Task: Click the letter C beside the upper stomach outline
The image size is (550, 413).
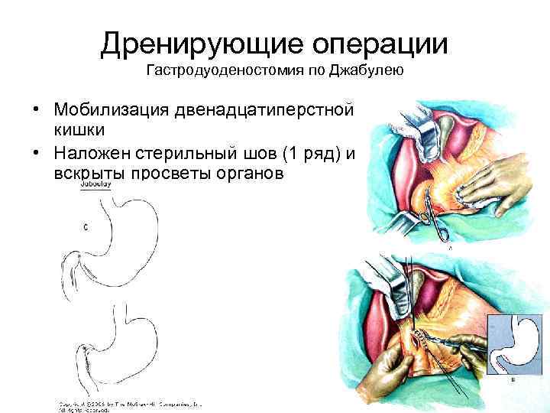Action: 86,226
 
